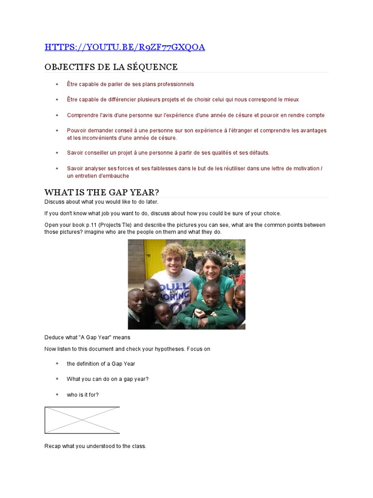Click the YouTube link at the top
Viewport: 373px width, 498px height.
(x=124, y=47)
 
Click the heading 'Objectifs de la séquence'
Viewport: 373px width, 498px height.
(x=111, y=67)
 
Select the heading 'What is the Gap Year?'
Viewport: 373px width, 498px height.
(x=102, y=192)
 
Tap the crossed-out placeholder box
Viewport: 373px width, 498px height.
(x=82, y=420)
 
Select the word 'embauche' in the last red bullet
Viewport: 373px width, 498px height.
(x=118, y=176)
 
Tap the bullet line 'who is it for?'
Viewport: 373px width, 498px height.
(x=83, y=394)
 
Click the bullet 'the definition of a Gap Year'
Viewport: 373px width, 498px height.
(x=101, y=363)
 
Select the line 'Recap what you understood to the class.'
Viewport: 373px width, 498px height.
(x=95, y=446)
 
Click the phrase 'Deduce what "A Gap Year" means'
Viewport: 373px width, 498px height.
(x=87, y=337)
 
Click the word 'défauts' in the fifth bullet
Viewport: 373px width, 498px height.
(x=258, y=153)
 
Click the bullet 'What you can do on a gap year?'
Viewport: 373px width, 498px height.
(x=107, y=379)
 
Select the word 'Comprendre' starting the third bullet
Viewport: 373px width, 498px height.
(x=81, y=115)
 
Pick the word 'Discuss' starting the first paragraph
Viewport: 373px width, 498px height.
(x=54, y=202)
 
